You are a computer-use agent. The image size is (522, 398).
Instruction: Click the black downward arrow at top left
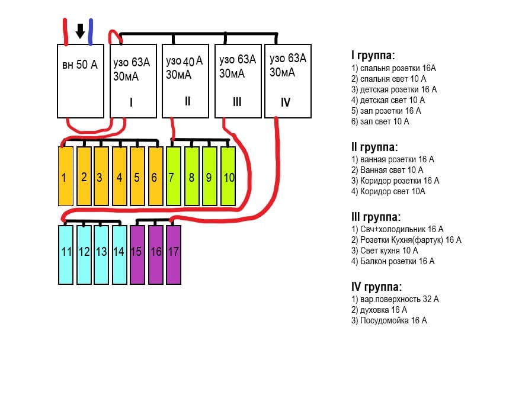click(x=80, y=31)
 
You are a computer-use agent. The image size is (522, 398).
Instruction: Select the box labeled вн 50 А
click(x=80, y=81)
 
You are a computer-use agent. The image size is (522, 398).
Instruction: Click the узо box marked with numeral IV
click(x=287, y=81)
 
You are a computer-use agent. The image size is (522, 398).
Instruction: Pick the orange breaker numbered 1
click(x=65, y=176)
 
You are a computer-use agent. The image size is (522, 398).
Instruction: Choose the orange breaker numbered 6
click(x=155, y=176)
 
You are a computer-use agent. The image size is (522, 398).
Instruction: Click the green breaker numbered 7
click(x=173, y=176)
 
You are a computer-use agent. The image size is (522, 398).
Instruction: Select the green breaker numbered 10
click(x=228, y=176)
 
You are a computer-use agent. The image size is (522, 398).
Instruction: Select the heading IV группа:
click(x=376, y=287)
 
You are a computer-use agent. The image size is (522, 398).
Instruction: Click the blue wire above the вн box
click(x=90, y=31)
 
